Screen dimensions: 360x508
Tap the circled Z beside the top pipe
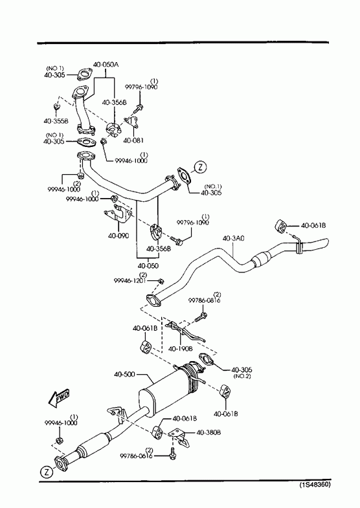click(x=200, y=167)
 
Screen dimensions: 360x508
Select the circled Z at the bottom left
click(x=47, y=472)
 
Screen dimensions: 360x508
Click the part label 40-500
click(x=124, y=375)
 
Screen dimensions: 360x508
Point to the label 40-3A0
click(x=233, y=238)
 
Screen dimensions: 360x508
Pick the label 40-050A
click(x=106, y=65)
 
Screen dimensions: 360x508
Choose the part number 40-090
click(x=118, y=236)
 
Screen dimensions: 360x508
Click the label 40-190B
click(x=181, y=349)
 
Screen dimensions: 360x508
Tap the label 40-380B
click(x=208, y=432)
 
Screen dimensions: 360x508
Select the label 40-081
click(x=133, y=140)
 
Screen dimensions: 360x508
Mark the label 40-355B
click(x=56, y=121)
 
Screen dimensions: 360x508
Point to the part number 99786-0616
click(x=136, y=456)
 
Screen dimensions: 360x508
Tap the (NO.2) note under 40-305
click(x=242, y=376)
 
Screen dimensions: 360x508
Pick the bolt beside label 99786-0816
click(x=201, y=316)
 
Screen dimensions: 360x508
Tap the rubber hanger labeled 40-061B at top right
click(x=280, y=226)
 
